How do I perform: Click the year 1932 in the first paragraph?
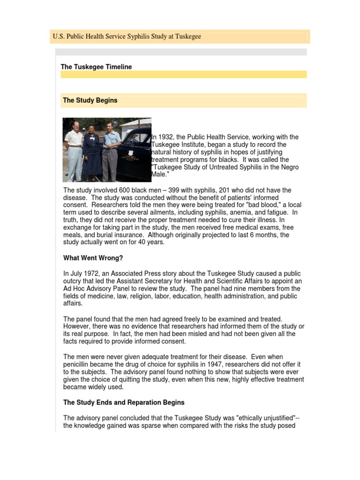tap(166, 137)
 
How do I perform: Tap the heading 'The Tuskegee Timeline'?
tap(96, 67)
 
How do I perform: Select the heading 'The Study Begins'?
tap(90, 100)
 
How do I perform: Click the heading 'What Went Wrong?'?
tap(93, 258)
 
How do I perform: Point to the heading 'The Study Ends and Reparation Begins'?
tap(124, 402)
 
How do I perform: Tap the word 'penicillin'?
tap(77, 364)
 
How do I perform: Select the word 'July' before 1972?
tap(77, 273)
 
